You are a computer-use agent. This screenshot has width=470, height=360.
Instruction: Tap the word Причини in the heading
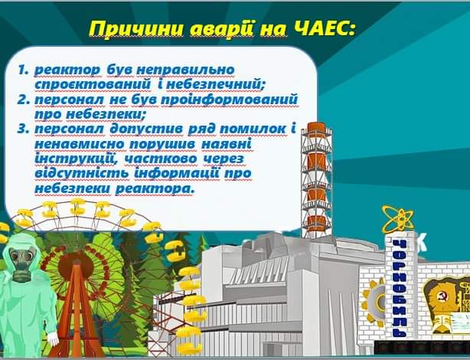pyautogui.click(x=137, y=29)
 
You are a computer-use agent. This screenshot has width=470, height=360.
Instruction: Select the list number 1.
pyautogui.click(x=23, y=70)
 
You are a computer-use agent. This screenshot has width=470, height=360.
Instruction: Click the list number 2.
pyautogui.click(x=23, y=100)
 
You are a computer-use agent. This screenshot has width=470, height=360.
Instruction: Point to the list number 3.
pyautogui.click(x=24, y=129)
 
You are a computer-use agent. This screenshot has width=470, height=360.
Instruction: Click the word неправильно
pyautogui.click(x=185, y=70)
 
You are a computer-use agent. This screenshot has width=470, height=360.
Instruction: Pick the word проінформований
pyautogui.click(x=230, y=100)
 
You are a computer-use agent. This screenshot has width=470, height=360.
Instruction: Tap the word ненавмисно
pyautogui.click(x=80, y=144)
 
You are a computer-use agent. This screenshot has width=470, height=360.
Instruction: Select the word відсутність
pyautogui.click(x=83, y=173)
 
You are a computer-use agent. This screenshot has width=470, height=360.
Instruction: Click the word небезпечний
pyautogui.click(x=215, y=85)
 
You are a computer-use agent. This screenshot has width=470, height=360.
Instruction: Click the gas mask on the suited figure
pyautogui.click(x=21, y=264)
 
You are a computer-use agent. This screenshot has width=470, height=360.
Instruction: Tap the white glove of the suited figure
pyautogui.click(x=53, y=338)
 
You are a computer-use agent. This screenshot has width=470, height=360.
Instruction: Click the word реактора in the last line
pyautogui.click(x=155, y=189)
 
